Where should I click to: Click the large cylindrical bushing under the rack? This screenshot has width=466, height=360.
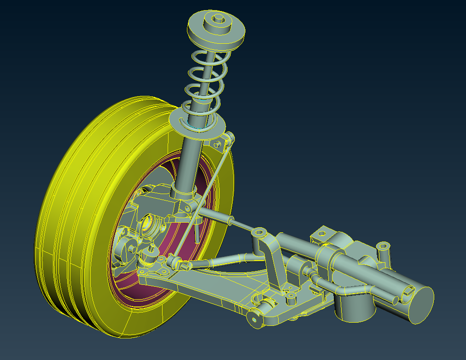coord(352,307)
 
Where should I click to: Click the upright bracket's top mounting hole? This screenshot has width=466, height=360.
coord(259,232)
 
